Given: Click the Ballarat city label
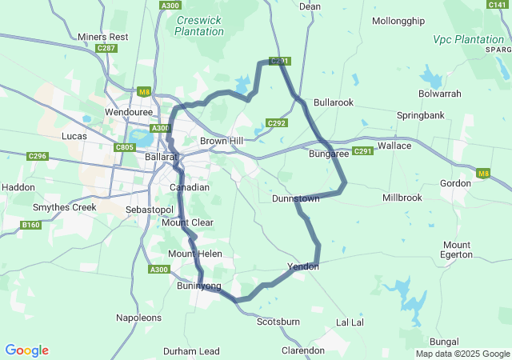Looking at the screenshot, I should click(x=160, y=157).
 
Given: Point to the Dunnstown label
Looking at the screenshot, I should click(x=296, y=198).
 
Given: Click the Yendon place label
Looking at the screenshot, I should click(x=303, y=266).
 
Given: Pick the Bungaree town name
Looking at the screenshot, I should click(x=329, y=154).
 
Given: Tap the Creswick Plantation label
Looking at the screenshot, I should click(x=199, y=25).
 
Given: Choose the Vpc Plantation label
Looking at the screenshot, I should click(x=469, y=38).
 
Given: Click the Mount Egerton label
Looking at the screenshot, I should click(x=457, y=250).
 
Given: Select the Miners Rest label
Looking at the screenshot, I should click(x=103, y=37).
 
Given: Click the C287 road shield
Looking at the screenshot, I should click(x=106, y=49).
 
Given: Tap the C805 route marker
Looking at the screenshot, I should click(x=125, y=147).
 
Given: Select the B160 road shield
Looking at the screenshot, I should click(x=31, y=225).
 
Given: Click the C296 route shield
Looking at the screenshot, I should click(x=37, y=156).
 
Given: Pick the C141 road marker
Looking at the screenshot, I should click(x=497, y=5).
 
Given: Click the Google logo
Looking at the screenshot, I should click(x=26, y=350).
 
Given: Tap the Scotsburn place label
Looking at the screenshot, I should click(x=278, y=322).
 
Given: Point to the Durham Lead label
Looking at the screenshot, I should click(x=191, y=351).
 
